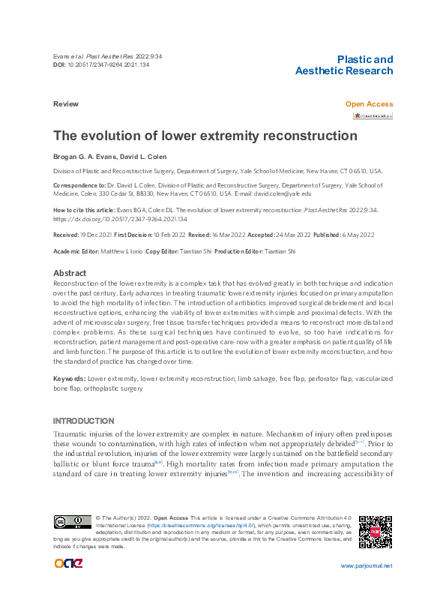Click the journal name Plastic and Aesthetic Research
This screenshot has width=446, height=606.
[344, 65]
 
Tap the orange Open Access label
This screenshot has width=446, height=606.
[368, 104]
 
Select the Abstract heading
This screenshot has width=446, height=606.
[70, 273]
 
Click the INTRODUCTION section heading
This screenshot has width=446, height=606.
[84, 421]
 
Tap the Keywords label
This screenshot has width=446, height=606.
[68, 379]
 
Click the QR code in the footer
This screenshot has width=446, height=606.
[376, 532]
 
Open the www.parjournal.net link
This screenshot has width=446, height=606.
[367, 565]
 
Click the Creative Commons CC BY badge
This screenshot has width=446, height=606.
[71, 523]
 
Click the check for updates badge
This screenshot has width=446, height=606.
[373, 116]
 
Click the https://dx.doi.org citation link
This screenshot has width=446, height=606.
[120, 219]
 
